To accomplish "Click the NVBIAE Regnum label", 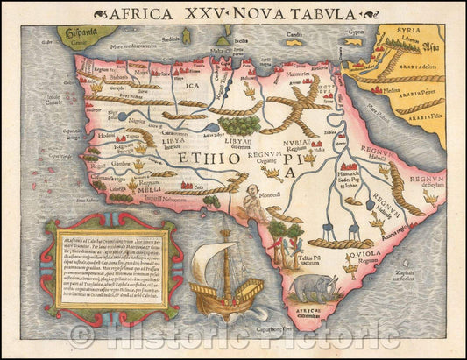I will tap(298, 145).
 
